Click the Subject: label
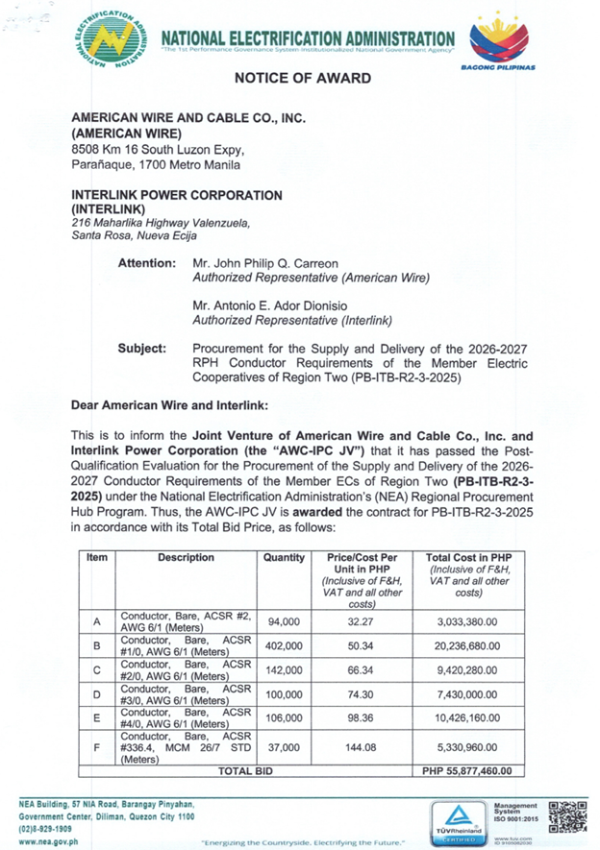click(x=142, y=348)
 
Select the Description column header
click(x=187, y=557)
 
